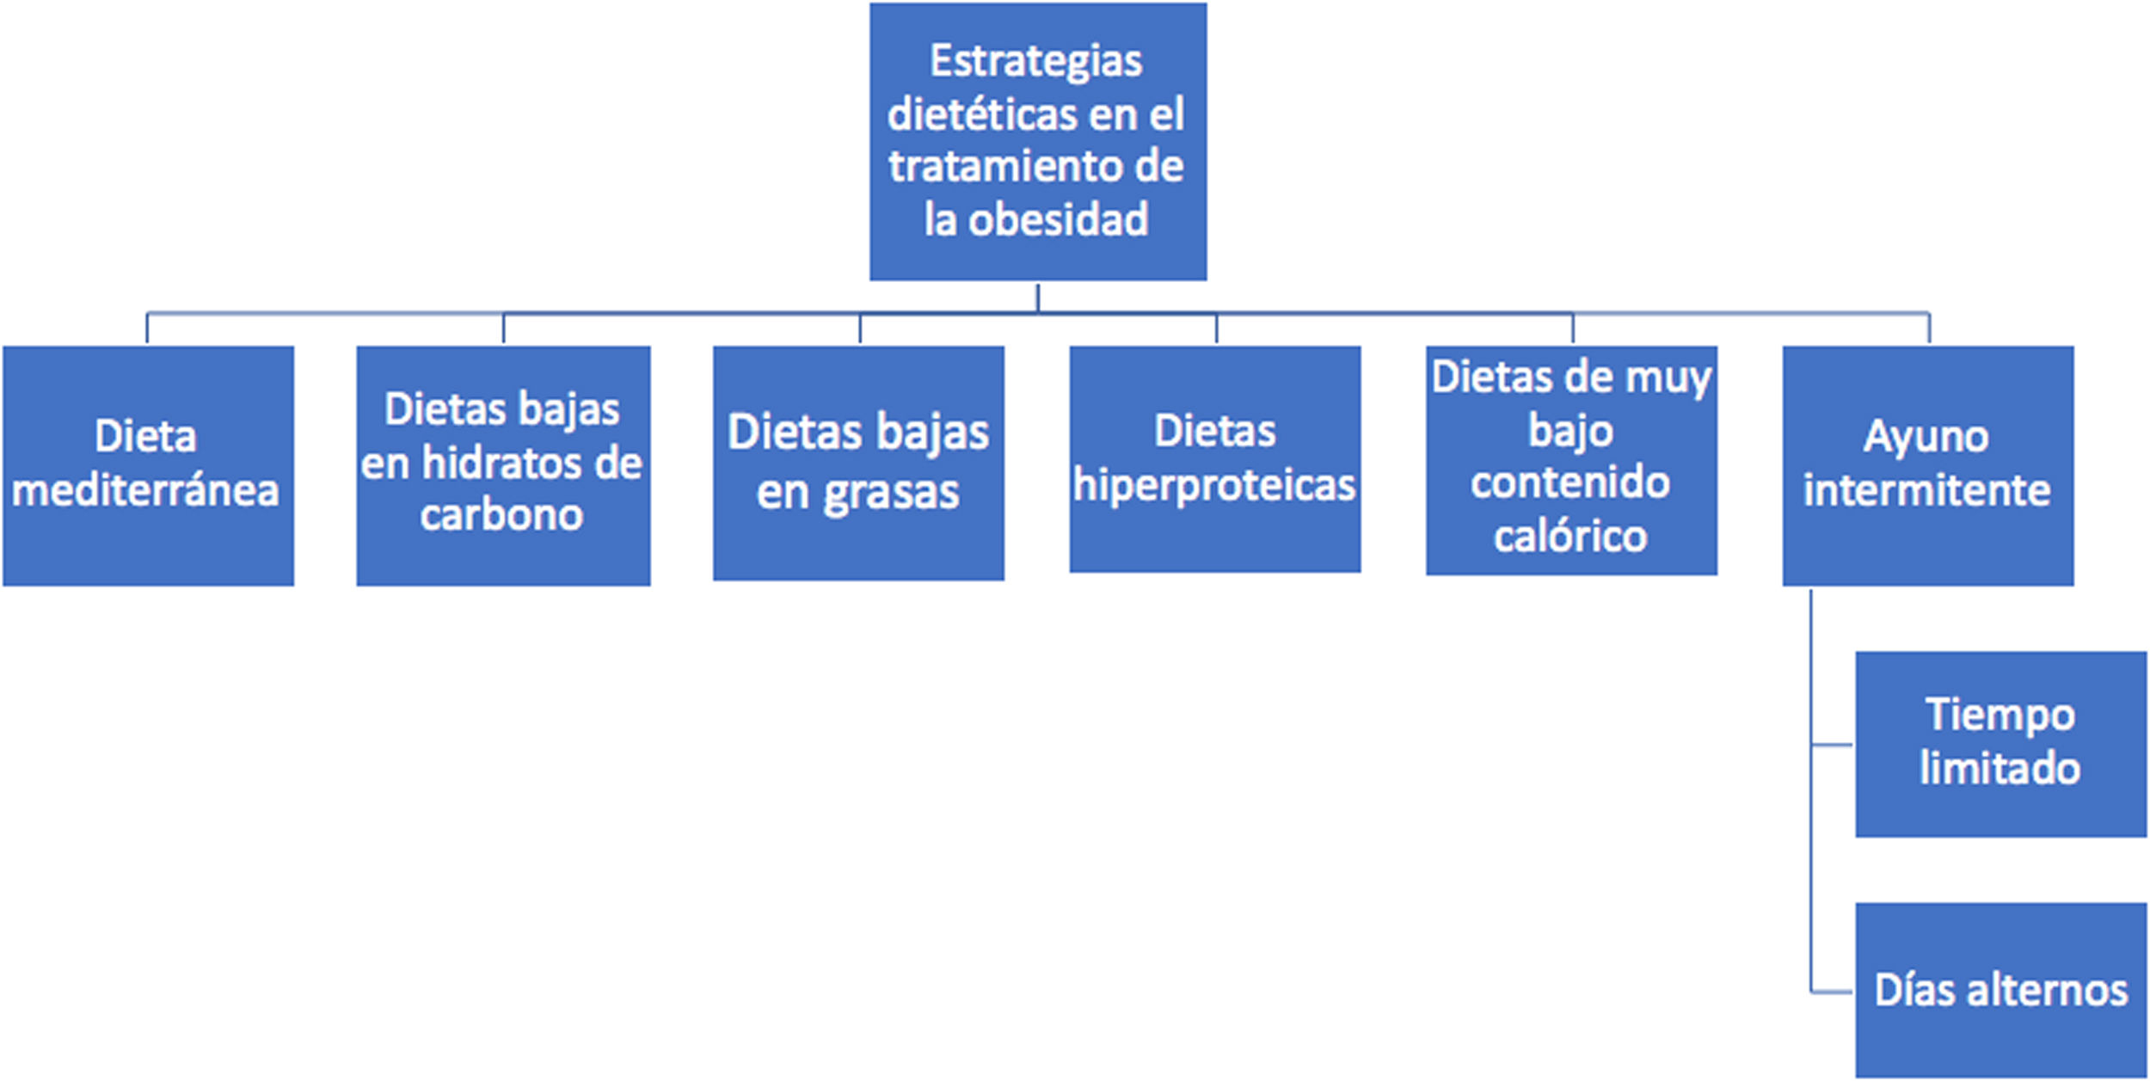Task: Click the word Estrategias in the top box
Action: (x=1036, y=62)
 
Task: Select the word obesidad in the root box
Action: (x=1059, y=220)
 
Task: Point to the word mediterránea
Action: (x=145, y=491)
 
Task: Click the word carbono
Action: (x=502, y=515)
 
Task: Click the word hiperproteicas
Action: (x=1214, y=486)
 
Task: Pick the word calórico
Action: (x=1570, y=537)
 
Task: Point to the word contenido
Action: (x=1570, y=483)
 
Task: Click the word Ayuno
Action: (x=1926, y=437)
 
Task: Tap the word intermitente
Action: (x=1926, y=491)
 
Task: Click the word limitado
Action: (x=2000, y=769)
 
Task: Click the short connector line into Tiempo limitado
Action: (x=1832, y=745)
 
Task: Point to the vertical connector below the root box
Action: (x=1038, y=297)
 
